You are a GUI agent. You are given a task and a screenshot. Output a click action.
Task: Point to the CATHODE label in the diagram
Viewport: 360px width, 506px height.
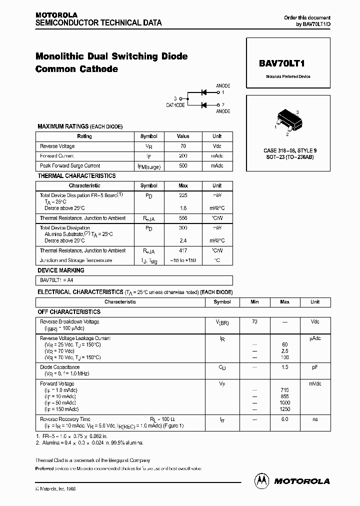pos(175,105)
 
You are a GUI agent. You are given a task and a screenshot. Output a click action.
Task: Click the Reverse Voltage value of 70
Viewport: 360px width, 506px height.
pos(183,146)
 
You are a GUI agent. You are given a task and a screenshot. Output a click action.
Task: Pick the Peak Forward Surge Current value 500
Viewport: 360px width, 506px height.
pos(183,165)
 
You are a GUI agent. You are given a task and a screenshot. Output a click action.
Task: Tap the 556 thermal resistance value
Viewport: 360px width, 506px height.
pos(183,218)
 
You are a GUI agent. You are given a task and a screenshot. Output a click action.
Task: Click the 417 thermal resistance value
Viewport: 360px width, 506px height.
pos(183,250)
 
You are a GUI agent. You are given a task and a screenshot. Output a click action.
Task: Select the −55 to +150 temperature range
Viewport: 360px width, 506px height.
pos(183,260)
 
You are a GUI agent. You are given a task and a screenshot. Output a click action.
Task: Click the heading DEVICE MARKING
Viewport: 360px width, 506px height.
pos(61,270)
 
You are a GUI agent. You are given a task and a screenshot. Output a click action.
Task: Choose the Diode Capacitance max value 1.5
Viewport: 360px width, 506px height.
pos(284,367)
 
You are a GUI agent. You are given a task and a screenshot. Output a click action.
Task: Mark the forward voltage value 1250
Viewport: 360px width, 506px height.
pos(284,409)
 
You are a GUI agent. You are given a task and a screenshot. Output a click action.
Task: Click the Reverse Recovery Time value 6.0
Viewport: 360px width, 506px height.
pos(284,419)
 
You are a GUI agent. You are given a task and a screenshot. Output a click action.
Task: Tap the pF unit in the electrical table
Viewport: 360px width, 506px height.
pos(315,367)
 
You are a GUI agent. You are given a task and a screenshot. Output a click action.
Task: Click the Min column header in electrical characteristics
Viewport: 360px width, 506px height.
pos(254,302)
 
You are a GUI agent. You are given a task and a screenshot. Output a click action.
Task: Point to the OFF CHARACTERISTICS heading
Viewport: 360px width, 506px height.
pos(69,311)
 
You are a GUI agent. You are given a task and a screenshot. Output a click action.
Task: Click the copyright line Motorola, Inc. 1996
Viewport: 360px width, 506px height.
pos(56,488)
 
